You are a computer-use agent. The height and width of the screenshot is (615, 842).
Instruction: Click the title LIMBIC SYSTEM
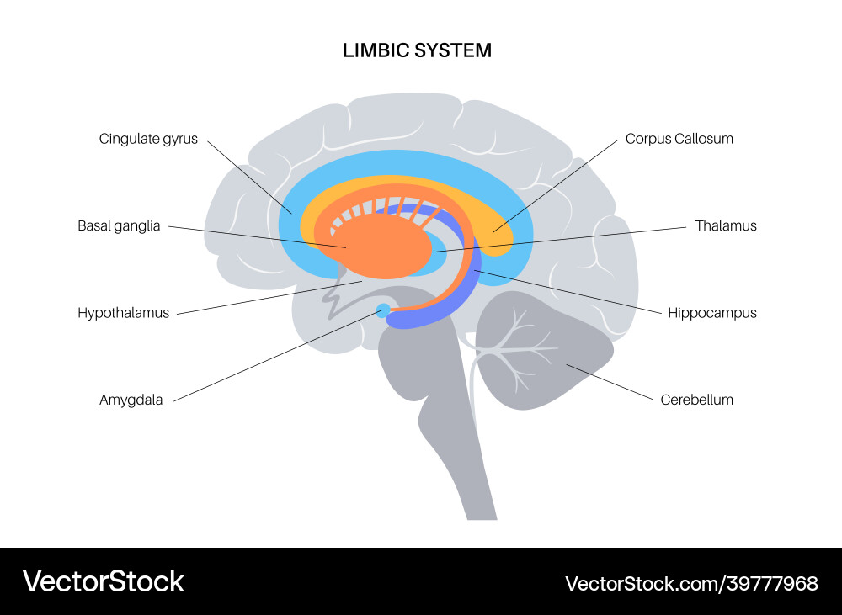coord(417,50)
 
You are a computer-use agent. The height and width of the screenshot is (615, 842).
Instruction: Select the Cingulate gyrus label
coord(148,139)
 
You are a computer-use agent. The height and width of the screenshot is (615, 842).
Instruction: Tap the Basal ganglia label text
coord(119,225)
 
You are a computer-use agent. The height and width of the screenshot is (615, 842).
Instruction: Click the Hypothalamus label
coord(123,313)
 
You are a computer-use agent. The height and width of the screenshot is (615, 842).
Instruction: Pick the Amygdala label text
coord(131,400)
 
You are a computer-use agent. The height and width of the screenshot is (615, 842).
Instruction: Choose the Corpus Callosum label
coord(679,139)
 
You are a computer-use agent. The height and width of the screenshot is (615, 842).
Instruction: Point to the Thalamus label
coord(726,225)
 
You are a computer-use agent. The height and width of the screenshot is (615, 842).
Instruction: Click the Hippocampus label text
coord(711,313)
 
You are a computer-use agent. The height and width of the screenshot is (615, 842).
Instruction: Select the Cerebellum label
coord(696,400)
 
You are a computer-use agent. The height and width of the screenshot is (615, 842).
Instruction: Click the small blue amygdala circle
coord(384,310)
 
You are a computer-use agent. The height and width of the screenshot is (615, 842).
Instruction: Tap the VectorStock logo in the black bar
coord(103,581)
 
